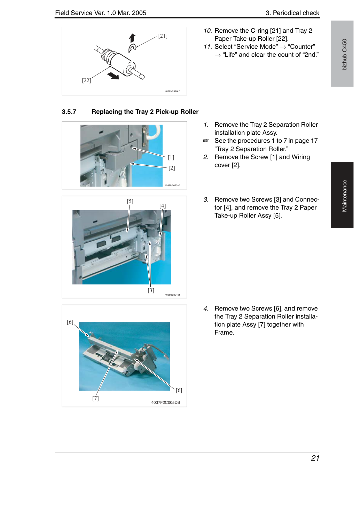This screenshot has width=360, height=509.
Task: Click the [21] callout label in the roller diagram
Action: (163, 36)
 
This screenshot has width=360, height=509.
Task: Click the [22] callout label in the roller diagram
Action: (86, 80)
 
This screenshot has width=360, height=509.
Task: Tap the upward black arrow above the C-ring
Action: (132, 38)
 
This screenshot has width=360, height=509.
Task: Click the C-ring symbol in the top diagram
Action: (132, 48)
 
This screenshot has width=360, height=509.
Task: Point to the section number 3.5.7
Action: (69, 112)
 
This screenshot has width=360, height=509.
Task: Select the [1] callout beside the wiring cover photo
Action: (171, 157)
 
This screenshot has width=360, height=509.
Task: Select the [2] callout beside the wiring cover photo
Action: (172, 168)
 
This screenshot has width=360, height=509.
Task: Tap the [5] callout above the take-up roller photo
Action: (130, 201)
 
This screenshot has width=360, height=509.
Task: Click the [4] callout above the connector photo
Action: (163, 206)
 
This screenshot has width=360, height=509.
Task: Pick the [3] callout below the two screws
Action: (151, 290)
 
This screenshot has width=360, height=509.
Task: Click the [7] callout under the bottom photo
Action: (95, 398)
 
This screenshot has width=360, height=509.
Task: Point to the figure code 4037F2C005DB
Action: (166, 402)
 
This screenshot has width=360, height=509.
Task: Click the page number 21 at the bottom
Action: (315, 458)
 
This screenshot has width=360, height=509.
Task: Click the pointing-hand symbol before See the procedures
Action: (206, 141)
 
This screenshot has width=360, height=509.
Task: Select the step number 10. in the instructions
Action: (208, 31)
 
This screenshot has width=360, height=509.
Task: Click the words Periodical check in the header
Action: (296, 13)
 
